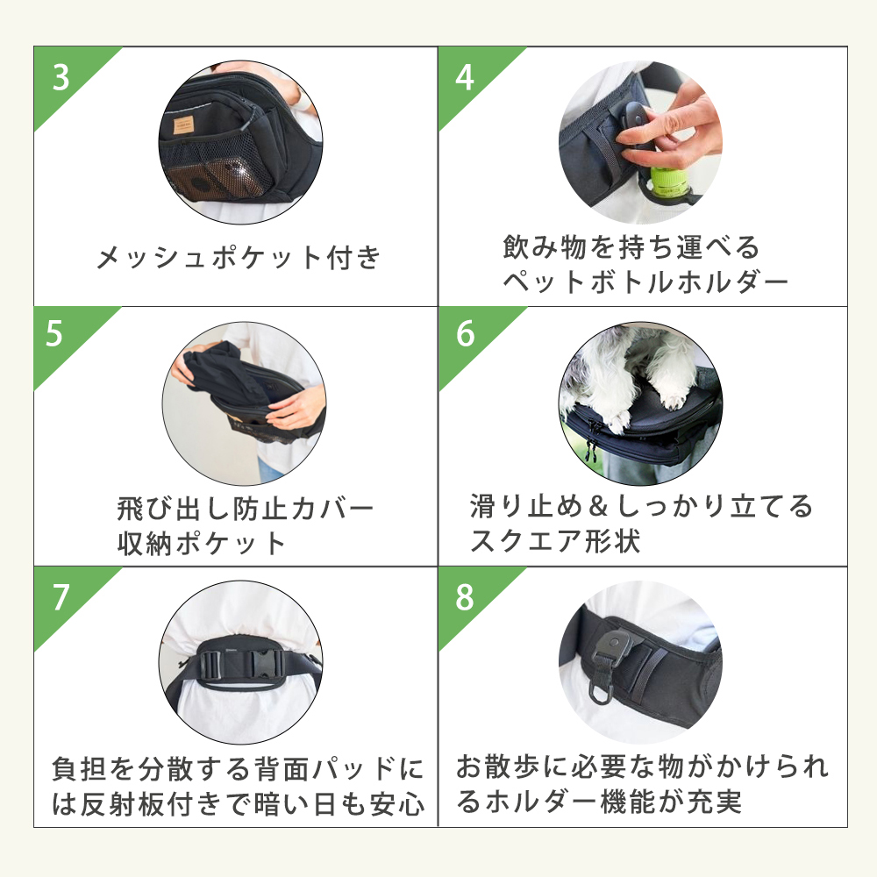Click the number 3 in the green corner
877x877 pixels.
(x=61, y=78)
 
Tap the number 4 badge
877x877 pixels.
(x=465, y=78)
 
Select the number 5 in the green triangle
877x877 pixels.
(x=54, y=333)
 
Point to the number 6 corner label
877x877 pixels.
(x=465, y=333)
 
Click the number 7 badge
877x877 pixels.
(x=61, y=597)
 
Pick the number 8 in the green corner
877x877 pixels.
(x=465, y=597)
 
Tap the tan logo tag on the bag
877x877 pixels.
(x=183, y=125)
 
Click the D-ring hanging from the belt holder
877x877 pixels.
(x=600, y=694)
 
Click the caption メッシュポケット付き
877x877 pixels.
(x=239, y=258)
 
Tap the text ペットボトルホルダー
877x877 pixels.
(x=645, y=282)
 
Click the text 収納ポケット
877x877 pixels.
(x=202, y=543)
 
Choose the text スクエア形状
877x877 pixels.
(x=555, y=541)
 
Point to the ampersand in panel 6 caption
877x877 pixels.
(x=598, y=506)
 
